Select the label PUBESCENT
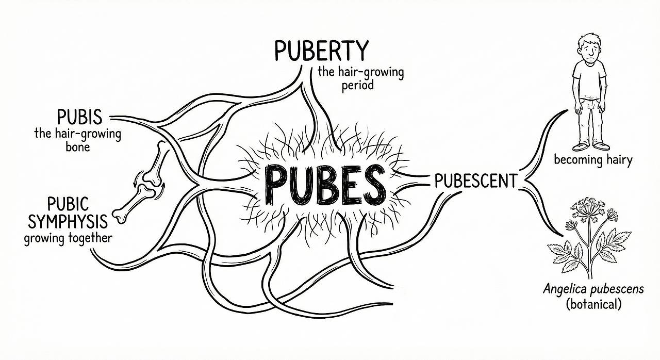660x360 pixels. coord(475,181)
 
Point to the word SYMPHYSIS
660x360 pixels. coord(68,222)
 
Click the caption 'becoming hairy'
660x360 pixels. coord(592,160)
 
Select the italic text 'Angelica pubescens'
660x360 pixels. coord(593,289)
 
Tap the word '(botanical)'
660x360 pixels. coord(593,304)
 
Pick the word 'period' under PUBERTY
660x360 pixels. coord(357,85)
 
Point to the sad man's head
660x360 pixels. coord(589,45)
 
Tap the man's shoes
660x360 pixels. coord(591,146)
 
